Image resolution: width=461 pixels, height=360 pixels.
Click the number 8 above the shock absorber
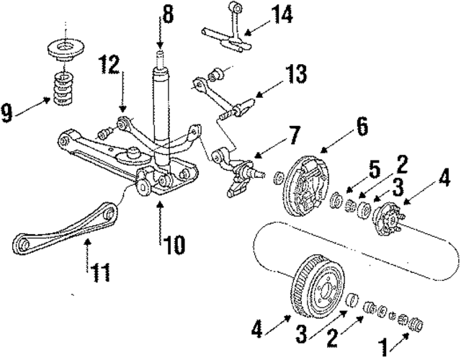tap(169, 14)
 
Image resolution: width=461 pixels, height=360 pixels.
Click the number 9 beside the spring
tap(8, 112)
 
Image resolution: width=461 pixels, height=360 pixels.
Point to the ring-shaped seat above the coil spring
tap(66, 52)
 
